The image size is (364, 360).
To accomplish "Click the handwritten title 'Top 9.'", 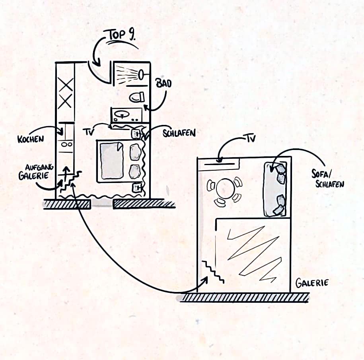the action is click(x=120, y=35).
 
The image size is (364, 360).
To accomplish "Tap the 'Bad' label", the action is click(x=164, y=83).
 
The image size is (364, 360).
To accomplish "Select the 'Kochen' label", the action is click(x=31, y=139).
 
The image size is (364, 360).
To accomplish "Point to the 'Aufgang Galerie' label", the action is click(x=35, y=171).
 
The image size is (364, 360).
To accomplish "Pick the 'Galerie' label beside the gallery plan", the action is click(x=312, y=283).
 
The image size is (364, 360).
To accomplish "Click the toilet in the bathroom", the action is click(x=137, y=97).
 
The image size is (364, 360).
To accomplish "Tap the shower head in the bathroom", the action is click(x=141, y=75).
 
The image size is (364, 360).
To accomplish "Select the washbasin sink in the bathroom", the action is click(x=122, y=115).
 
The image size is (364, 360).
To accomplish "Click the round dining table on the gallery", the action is click(x=225, y=188).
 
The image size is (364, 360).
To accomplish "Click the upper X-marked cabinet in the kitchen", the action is click(x=66, y=85).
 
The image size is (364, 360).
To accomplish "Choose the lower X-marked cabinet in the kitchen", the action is click(x=65, y=101).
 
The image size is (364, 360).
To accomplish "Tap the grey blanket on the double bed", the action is click(x=112, y=161).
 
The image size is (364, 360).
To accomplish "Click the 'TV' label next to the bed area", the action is click(x=88, y=132).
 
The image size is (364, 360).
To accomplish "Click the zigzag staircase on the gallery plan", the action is click(x=213, y=272).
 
